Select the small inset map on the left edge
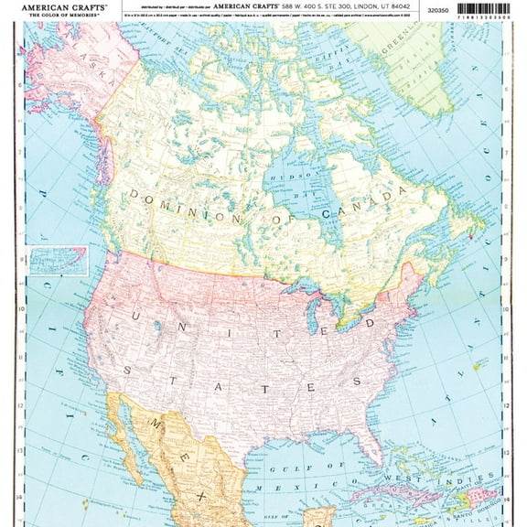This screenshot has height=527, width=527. click(x=58, y=261)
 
